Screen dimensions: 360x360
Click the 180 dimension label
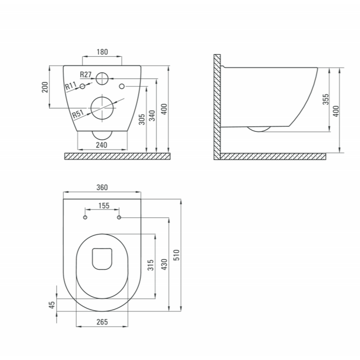point(102,52)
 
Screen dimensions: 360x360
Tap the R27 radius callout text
point(86,75)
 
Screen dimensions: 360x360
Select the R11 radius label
point(71,86)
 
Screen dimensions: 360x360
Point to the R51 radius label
point(78,114)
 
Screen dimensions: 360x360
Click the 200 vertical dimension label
point(45,87)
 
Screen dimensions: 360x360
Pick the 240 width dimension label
point(102,145)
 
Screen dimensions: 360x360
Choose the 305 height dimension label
point(142,120)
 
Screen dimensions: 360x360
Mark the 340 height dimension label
point(152,116)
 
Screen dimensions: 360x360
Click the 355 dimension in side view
point(325,99)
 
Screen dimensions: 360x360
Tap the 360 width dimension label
point(102,187)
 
